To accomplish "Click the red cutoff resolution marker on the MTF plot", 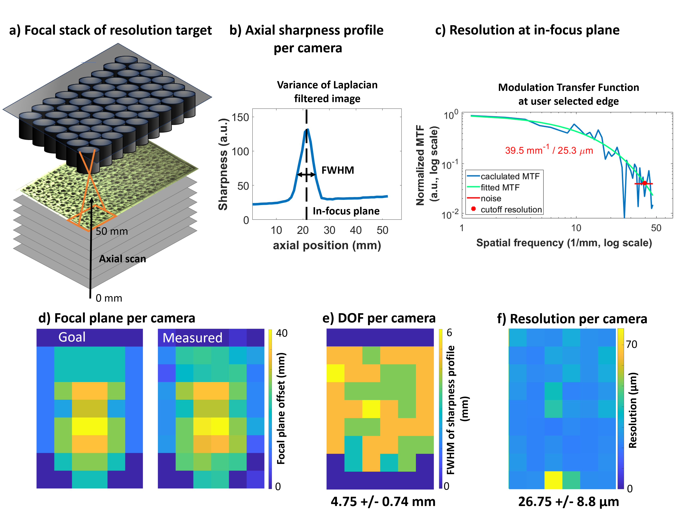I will click(644, 183).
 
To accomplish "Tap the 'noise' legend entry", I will click(491, 198).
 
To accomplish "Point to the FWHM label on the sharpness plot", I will click(338, 170).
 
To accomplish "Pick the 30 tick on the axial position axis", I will click(329, 230).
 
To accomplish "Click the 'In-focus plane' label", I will click(346, 211).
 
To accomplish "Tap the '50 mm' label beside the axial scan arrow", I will click(112, 231).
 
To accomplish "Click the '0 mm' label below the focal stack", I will click(109, 298).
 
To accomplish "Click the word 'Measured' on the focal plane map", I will click(192, 338).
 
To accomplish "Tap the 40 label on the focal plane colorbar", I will click(281, 333).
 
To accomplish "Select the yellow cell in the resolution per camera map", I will click(553, 480).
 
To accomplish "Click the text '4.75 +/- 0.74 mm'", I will click(383, 501).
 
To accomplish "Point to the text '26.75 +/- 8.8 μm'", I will click(568, 501).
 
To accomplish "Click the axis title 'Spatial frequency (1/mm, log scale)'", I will click(564, 243).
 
